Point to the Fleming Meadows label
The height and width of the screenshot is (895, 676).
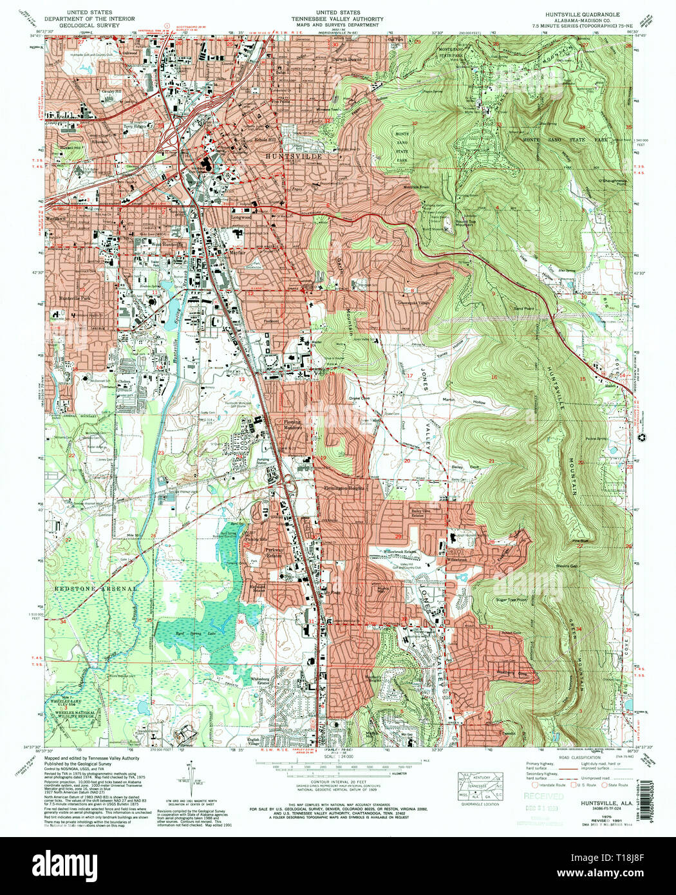(x=292, y=426)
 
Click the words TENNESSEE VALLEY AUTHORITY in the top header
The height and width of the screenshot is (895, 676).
(x=337, y=19)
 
